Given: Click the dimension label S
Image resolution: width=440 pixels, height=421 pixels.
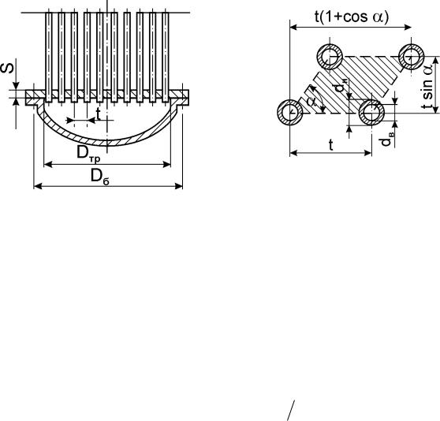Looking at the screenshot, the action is [8, 69].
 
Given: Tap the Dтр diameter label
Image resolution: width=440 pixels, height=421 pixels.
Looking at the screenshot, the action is [88, 155].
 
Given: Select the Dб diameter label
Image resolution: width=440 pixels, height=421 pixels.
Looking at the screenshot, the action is [100, 177].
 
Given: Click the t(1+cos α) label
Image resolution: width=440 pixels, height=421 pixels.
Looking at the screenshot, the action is [352, 17].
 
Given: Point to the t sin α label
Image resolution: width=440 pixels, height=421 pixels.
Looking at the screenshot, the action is [427, 85].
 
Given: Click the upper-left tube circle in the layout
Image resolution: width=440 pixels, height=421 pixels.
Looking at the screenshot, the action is [330, 57].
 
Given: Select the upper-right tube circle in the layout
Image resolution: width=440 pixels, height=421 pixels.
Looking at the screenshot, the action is [412, 57].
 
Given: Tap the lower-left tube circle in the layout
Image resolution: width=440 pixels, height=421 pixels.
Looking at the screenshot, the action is [290, 112].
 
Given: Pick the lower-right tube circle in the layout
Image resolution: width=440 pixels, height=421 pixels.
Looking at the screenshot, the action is [371, 112].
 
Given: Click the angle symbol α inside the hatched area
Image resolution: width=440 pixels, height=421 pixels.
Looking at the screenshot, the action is [312, 102].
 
